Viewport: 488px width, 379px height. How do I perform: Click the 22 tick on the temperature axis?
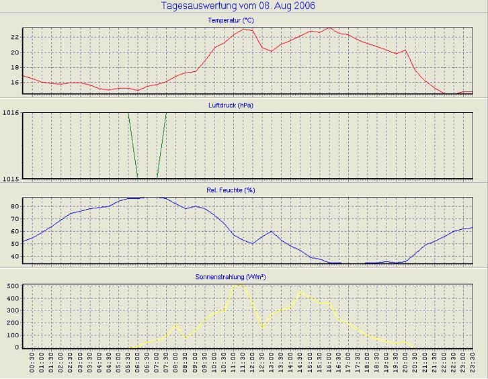14,37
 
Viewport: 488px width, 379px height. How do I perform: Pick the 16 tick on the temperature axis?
14,82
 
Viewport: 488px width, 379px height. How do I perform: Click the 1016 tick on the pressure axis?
10,112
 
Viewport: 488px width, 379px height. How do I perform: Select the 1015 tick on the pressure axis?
10,178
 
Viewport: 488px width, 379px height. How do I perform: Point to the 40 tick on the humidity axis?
14,256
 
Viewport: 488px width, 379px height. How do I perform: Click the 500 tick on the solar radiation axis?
12,286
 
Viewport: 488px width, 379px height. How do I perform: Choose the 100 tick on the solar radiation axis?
12,335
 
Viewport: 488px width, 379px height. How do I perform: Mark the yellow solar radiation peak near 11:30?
239,284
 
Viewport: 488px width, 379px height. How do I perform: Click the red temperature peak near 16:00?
329,28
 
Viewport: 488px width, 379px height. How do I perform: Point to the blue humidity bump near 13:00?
271,231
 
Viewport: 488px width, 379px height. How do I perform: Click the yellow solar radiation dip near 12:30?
262,328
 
